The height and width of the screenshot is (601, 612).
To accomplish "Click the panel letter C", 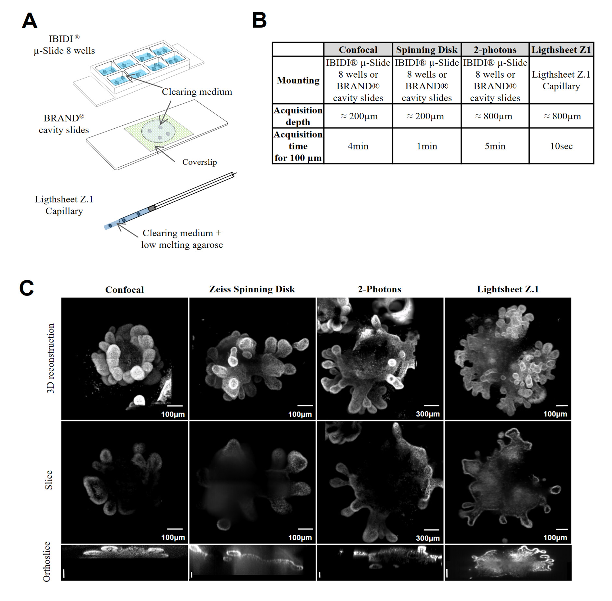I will (27, 288).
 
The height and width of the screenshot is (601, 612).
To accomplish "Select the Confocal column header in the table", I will (358, 50).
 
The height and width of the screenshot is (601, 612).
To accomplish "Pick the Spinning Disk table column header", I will (426, 50).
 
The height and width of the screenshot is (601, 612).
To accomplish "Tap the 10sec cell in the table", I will (561, 146).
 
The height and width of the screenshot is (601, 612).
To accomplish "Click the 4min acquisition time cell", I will (358, 146).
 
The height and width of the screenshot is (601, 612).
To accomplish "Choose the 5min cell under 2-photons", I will (495, 146).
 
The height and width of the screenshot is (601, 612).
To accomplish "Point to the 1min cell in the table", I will (427, 146).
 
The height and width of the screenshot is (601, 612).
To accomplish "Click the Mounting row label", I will (298, 80).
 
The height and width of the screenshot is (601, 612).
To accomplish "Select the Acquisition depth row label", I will (298, 116).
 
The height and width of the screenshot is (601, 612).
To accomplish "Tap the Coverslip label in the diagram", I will (199, 162).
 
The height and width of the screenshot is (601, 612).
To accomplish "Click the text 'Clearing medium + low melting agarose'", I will (182, 239).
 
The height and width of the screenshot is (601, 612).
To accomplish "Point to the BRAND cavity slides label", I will (64, 124).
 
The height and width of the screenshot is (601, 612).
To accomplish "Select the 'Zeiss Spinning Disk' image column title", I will (252, 289).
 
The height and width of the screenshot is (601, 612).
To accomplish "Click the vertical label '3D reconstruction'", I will (50, 358).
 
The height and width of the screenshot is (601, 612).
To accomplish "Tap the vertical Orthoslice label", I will (47, 561).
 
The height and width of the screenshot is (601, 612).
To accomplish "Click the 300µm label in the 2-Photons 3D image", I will (428, 414).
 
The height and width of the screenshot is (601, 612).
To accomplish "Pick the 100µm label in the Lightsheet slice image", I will (555, 538).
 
